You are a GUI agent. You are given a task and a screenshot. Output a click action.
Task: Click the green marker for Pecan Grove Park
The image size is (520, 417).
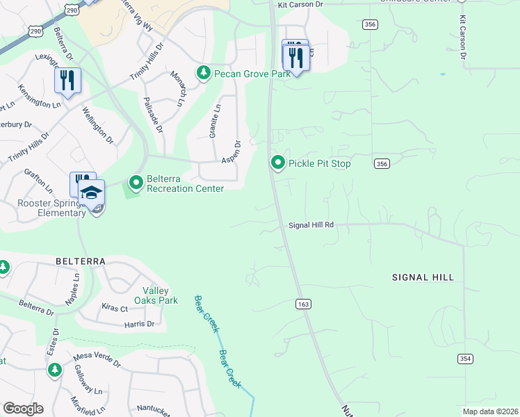(204, 73)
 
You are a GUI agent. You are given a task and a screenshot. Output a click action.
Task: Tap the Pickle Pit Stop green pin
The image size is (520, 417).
(278, 163)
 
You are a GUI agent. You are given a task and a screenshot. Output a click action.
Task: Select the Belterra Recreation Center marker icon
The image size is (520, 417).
(136, 183)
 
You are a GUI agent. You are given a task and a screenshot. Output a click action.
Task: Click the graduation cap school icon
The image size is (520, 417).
(91, 193)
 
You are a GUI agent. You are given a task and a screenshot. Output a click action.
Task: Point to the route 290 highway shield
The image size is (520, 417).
(36, 31)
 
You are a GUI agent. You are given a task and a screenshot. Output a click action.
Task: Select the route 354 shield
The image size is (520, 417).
(465, 358)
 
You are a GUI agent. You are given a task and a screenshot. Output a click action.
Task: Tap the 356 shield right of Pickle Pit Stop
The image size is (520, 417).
(381, 163)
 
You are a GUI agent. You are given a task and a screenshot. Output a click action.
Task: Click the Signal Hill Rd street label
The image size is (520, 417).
(311, 225)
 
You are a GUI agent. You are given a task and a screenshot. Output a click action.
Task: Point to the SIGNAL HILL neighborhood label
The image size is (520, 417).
(423, 277)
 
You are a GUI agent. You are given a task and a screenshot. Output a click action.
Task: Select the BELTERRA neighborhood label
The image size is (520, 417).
(80, 261)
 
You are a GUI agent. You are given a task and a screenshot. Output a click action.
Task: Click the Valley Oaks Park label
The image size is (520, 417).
(161, 295)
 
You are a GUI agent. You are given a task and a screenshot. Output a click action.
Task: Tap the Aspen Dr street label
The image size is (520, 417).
(231, 152)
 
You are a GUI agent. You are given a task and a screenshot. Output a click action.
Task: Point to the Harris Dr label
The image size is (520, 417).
(140, 324)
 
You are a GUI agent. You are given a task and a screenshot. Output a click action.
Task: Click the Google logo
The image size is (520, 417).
(23, 409)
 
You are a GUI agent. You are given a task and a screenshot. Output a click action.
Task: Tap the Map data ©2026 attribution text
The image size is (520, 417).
(490, 411)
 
